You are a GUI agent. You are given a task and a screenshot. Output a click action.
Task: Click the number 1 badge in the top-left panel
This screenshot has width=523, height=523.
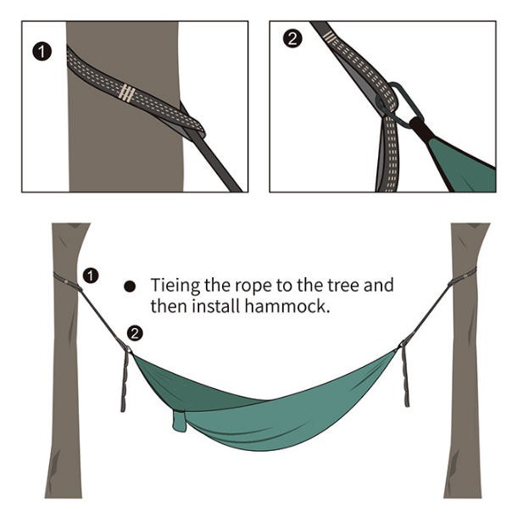[42, 52]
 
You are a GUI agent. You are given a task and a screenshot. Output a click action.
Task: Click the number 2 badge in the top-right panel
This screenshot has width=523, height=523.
[292, 39]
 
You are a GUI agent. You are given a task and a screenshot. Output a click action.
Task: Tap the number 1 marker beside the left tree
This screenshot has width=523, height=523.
[91, 275]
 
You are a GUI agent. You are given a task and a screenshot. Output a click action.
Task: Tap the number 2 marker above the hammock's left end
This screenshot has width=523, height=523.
[135, 333]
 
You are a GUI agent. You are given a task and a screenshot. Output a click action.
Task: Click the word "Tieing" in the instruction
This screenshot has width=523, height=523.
[175, 287]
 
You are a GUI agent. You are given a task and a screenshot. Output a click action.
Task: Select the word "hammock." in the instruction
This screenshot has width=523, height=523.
[287, 306]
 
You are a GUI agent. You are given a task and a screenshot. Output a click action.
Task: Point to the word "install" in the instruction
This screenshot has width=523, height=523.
[215, 306]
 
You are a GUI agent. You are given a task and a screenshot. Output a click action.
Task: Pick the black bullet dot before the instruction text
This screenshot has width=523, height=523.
[130, 287]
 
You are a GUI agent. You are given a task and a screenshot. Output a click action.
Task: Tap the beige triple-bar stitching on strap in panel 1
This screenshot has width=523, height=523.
[127, 92]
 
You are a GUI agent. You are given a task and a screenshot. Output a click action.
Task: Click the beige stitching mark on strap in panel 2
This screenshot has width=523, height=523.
[330, 37]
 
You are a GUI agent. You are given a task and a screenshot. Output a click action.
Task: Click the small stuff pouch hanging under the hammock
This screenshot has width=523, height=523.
[180, 421]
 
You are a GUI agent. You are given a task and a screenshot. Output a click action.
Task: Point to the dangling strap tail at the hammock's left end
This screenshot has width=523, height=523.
[125, 381]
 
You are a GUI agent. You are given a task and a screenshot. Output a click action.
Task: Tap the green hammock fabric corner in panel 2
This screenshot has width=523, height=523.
[464, 166]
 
